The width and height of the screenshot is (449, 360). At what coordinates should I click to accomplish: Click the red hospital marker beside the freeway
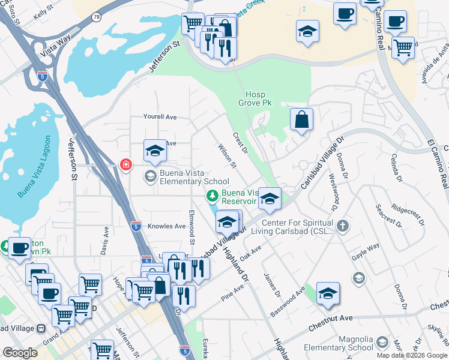coord(125,164)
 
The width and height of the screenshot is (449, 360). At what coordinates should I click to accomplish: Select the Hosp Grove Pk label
coord(259,99)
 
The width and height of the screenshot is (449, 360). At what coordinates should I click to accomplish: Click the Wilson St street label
coord(228,156)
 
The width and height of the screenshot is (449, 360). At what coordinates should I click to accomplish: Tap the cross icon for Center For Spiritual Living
coord(342,226)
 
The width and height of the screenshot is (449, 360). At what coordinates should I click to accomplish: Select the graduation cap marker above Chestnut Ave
coord(328,293)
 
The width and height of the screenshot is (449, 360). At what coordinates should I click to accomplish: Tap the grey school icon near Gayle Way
coord(358,277)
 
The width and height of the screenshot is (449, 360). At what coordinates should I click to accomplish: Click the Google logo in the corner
coord(20,353)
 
